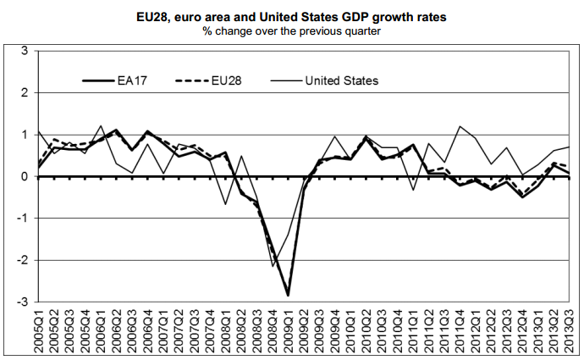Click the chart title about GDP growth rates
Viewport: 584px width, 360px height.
pyautogui.click(x=293, y=15)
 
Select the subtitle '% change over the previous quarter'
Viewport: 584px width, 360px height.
pyautogui.click(x=293, y=31)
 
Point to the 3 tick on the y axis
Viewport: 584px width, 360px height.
pyautogui.click(x=24, y=52)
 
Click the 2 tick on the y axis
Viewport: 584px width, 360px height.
pyautogui.click(x=24, y=93)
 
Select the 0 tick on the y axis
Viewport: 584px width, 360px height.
pyautogui.click(x=24, y=176)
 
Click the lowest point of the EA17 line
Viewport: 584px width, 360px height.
pyautogui.click(x=288, y=296)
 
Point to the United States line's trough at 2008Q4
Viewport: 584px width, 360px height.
pyautogui.click(x=272, y=266)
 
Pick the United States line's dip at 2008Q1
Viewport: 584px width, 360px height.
pyautogui.click(x=225, y=204)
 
